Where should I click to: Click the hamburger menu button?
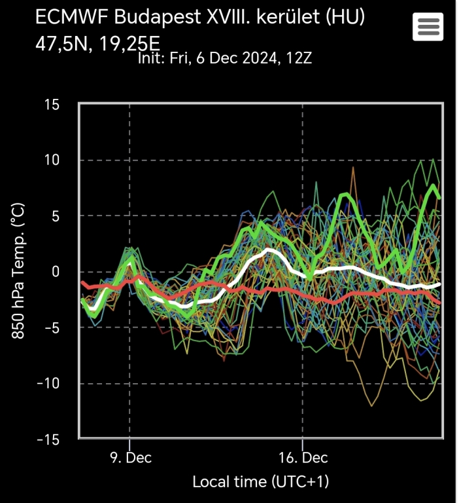pos(428,27)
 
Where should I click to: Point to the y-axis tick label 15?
pos(51,105)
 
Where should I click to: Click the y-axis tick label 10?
pos(51,160)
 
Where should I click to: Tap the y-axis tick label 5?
pos(56,216)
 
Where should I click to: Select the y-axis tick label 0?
pos(56,272)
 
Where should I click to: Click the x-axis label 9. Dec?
pos(129,456)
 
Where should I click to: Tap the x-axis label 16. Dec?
pos(302,456)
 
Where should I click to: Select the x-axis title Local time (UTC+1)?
pos(260,482)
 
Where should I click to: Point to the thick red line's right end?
pos(439,303)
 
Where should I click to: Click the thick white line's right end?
pos(439,284)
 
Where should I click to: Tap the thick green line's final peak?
pos(433,186)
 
